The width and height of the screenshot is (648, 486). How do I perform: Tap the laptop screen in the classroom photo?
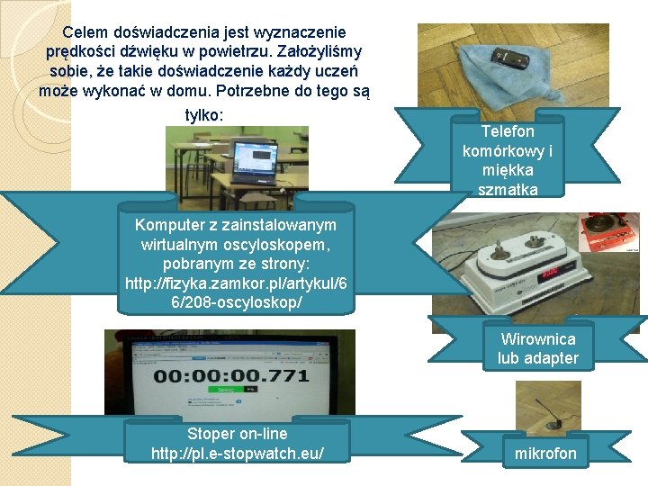pyautogui.click(x=256, y=158)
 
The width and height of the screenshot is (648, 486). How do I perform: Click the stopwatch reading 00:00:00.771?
pyautogui.click(x=231, y=375)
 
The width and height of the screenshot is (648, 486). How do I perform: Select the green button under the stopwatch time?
pyautogui.click(x=227, y=390)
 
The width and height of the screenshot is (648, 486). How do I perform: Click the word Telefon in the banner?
pyautogui.click(x=508, y=131)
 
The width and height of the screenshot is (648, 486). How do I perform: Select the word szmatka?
pyautogui.click(x=508, y=190)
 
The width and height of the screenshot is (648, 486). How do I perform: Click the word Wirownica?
pyautogui.click(x=538, y=339)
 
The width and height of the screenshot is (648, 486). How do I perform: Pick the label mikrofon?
pyautogui.click(x=545, y=454)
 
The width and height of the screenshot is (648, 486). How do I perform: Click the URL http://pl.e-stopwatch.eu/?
pyautogui.click(x=238, y=454)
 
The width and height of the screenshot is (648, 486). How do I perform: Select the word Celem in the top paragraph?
pyautogui.click(x=85, y=31)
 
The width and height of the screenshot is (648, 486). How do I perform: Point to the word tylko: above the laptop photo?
pyautogui.click(x=204, y=115)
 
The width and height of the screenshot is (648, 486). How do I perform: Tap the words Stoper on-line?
pyautogui.click(x=238, y=434)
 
